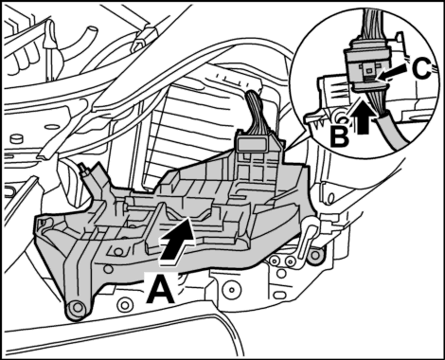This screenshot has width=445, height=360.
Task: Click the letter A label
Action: click(x=160, y=288)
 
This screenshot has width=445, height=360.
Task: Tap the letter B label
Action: click(x=340, y=136)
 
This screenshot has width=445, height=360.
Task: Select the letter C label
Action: click(x=421, y=69)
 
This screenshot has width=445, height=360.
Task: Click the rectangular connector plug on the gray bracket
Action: click(x=252, y=145)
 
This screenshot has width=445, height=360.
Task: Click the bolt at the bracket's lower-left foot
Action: click(x=76, y=311)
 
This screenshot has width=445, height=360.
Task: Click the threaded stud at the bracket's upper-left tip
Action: click(x=85, y=170)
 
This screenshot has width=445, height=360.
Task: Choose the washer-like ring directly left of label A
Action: click(x=123, y=304)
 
